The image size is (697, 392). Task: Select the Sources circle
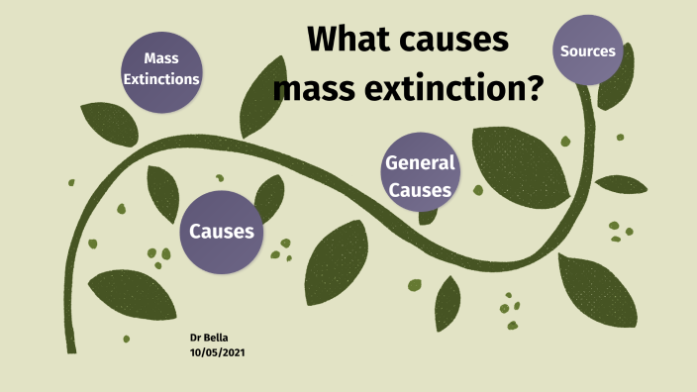tap(588, 50)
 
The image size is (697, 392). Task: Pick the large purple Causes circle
tap(222, 232)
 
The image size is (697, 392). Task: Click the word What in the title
tap(352, 40)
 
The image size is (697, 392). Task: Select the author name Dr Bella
tap(209, 338)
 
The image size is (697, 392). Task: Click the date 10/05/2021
tap(216, 352)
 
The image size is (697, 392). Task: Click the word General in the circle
tap(420, 163)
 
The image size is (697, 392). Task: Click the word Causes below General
tap(420, 189)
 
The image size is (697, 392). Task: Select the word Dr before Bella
tap(196, 338)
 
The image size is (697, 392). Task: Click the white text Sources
tap(588, 50)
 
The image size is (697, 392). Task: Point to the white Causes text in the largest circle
tap(222, 232)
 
